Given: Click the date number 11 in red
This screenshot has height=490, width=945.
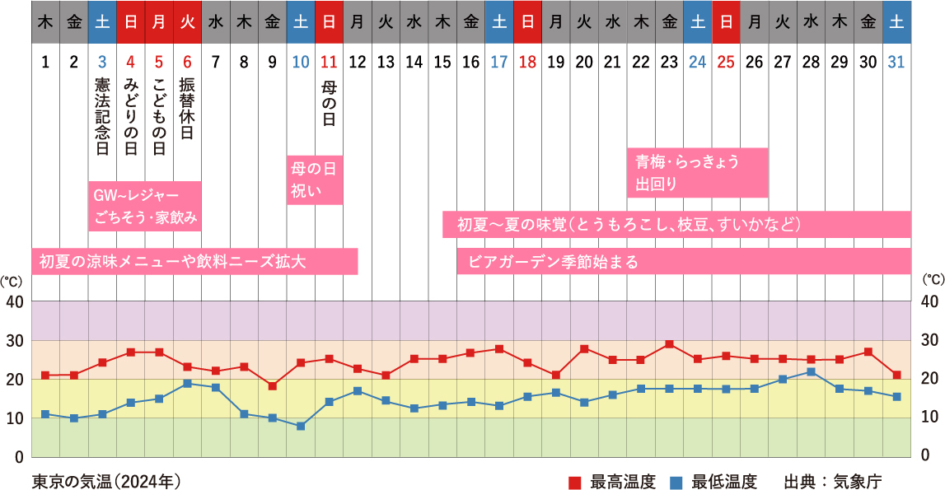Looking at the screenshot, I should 329,61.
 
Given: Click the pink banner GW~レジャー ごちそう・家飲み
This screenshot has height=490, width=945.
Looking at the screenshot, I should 145,206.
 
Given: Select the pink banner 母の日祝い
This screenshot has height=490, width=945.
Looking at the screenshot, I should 315,180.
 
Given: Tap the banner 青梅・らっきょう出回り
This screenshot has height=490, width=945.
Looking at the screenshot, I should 697,172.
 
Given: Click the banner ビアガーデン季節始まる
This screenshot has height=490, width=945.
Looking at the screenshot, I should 684,262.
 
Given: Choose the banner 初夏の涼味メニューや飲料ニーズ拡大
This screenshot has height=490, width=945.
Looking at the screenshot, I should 194,262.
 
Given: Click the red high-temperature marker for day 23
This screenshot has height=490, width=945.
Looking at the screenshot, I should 669,344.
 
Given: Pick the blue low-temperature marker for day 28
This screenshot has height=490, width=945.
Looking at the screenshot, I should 811,372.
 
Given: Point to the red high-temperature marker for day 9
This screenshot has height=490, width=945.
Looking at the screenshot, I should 273,385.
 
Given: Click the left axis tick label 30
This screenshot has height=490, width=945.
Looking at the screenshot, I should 15,340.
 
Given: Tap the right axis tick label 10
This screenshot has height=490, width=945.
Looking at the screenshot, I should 929,418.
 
